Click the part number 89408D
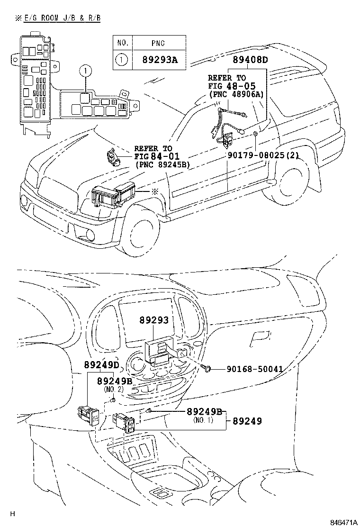250,60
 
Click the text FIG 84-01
156,156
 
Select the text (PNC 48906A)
235,94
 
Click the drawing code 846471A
343,521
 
